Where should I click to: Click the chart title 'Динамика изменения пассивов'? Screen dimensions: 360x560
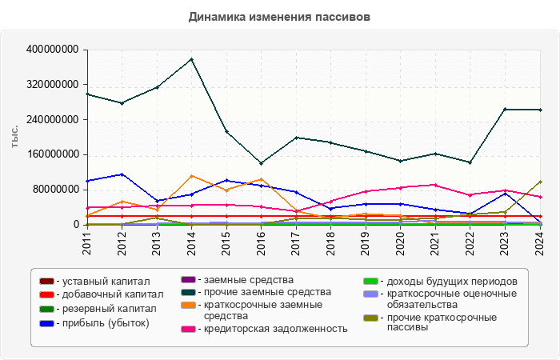click(279, 16)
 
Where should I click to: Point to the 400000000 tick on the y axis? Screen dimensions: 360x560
click(52, 50)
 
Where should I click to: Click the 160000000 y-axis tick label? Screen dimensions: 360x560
click(52, 154)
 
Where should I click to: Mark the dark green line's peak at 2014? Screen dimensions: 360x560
click(191, 59)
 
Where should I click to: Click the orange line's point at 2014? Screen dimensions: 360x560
click(191, 176)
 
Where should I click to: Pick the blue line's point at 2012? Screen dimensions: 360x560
click(122, 174)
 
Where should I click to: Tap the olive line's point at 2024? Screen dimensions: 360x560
click(540, 182)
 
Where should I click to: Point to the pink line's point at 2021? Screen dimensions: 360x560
click(435, 185)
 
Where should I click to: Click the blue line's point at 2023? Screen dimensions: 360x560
click(505, 194)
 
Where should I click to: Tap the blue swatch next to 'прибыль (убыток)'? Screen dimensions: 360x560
click(46, 323)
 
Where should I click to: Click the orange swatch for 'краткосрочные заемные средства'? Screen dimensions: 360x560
click(188, 305)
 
